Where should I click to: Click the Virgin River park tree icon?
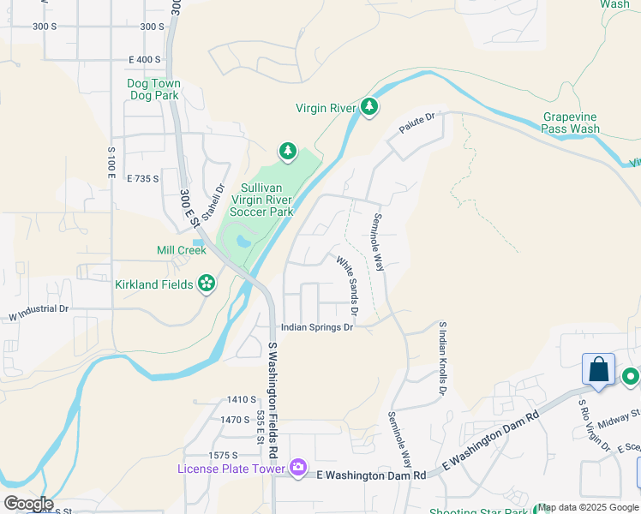click(x=369, y=107)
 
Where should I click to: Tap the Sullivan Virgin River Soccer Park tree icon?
click(x=288, y=152)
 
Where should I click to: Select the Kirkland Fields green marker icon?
click(x=207, y=283)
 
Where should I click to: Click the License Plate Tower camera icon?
click(x=297, y=467)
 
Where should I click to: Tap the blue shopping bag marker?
click(x=598, y=370)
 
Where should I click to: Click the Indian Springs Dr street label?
click(x=318, y=327)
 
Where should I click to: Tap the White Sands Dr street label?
click(x=347, y=285)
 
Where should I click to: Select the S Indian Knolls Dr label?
click(x=442, y=358)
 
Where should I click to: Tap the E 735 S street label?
click(x=143, y=179)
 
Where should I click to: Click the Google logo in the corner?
click(x=28, y=504)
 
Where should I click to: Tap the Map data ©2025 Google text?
click(x=588, y=507)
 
